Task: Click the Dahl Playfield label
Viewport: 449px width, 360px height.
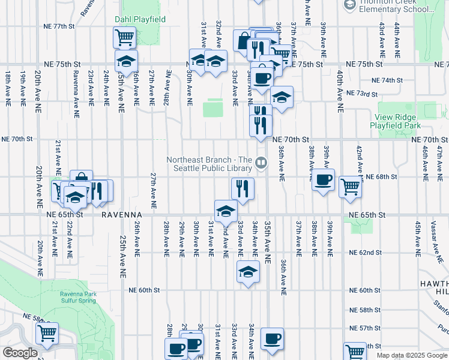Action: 140,19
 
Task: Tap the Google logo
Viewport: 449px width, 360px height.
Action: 20,353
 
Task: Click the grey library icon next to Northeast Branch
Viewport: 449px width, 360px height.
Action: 261,162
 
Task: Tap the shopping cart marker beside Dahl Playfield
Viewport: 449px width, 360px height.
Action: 124,37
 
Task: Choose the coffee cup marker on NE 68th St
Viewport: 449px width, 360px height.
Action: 323,179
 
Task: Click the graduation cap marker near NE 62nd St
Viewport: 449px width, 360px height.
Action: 248,271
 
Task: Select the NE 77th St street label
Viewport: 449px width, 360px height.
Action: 59,27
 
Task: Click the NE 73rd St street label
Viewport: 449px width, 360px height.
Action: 362,94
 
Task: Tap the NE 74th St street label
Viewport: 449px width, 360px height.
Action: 387,80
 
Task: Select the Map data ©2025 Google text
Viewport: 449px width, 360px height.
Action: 412,355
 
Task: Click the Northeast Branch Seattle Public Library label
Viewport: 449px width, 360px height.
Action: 208,163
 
